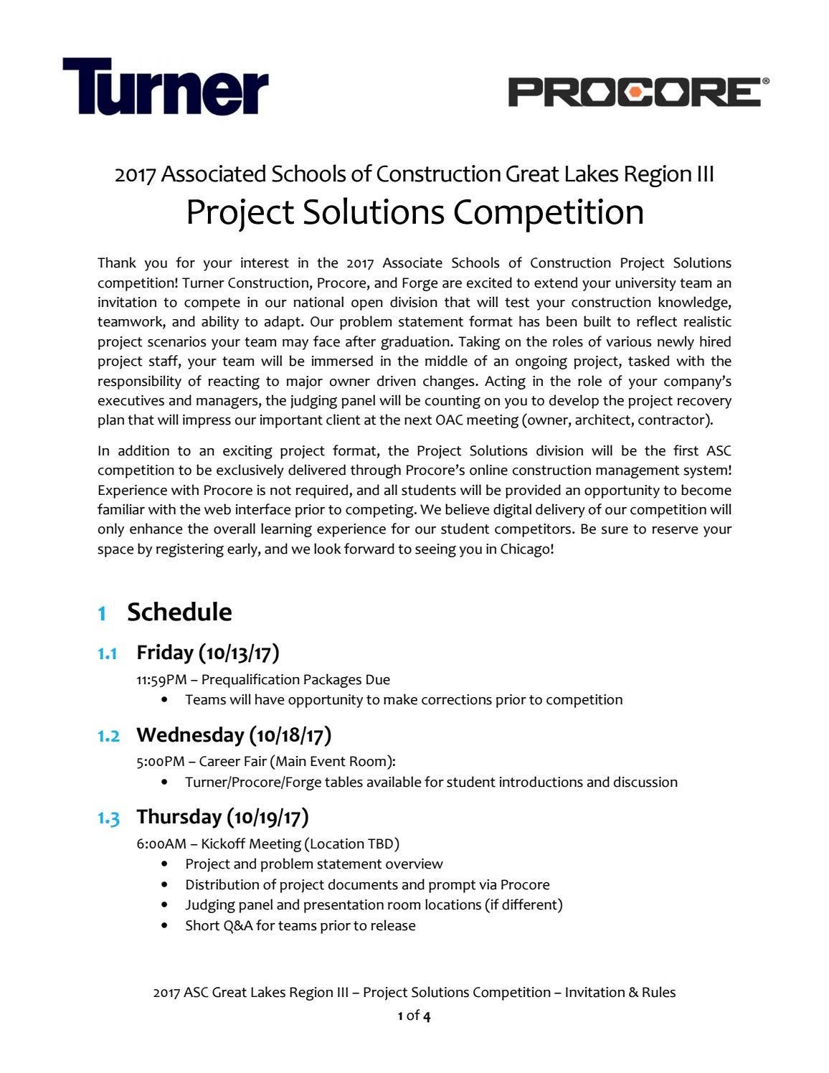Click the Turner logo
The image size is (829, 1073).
tap(165, 87)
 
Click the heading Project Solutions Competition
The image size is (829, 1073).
tap(415, 212)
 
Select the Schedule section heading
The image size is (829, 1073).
tap(179, 612)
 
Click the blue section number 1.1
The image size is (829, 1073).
tap(108, 653)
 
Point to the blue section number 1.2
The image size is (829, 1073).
tap(108, 736)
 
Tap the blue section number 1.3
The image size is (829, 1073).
tap(108, 818)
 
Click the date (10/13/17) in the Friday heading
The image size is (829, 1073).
tap(239, 653)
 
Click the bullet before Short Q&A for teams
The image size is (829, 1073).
tap(166, 926)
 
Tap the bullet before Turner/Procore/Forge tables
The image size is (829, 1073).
tap(166, 783)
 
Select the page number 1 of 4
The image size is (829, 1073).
tap(415, 1016)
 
